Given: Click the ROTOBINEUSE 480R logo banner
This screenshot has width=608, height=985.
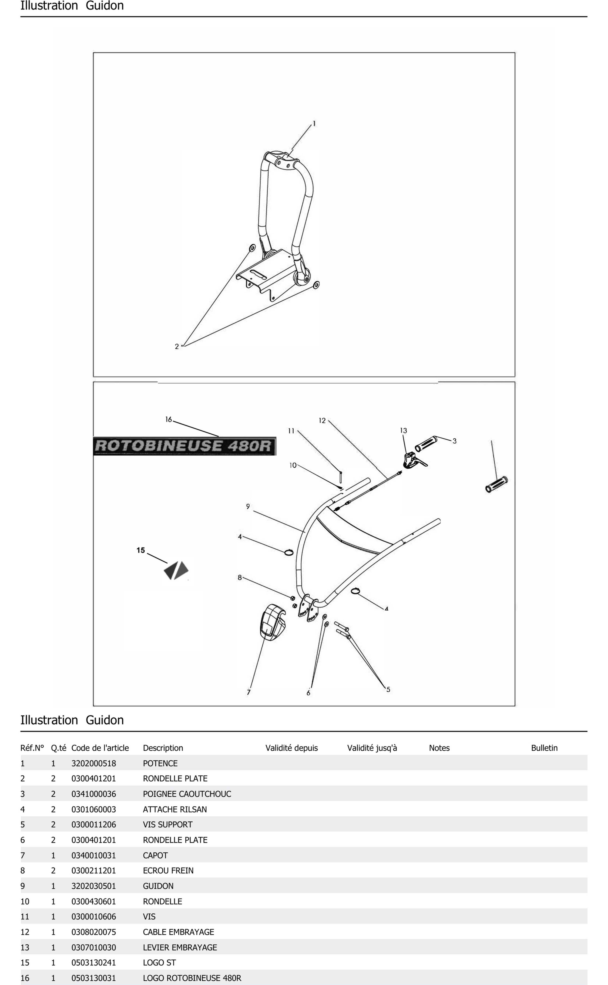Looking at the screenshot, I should tap(185, 446).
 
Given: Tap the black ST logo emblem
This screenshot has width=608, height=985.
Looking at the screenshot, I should tap(176, 570).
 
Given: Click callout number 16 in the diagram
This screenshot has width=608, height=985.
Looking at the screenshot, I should tap(168, 419).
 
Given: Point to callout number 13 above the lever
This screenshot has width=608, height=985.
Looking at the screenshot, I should tap(403, 430).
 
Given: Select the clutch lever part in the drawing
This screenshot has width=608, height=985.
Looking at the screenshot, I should tap(413, 460).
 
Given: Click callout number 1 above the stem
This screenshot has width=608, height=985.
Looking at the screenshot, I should tap(314, 124).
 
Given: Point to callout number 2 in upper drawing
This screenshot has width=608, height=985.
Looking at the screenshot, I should tap(177, 346).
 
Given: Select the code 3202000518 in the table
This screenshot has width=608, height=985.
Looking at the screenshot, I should tap(94, 763).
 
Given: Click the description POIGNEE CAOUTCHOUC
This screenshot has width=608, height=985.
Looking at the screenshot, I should tap(187, 794).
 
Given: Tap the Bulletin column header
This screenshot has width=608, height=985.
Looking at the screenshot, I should tap(544, 748).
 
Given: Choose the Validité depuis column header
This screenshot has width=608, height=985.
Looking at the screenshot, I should tap(291, 748).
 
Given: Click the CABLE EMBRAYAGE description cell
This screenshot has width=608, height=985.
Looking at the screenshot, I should tap(179, 932).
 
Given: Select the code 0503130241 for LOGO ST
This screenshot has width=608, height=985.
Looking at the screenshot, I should tap(94, 963).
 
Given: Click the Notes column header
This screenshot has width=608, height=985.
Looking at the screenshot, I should tap(439, 748).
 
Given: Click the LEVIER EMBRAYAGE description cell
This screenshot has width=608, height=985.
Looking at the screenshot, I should tap(180, 947).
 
